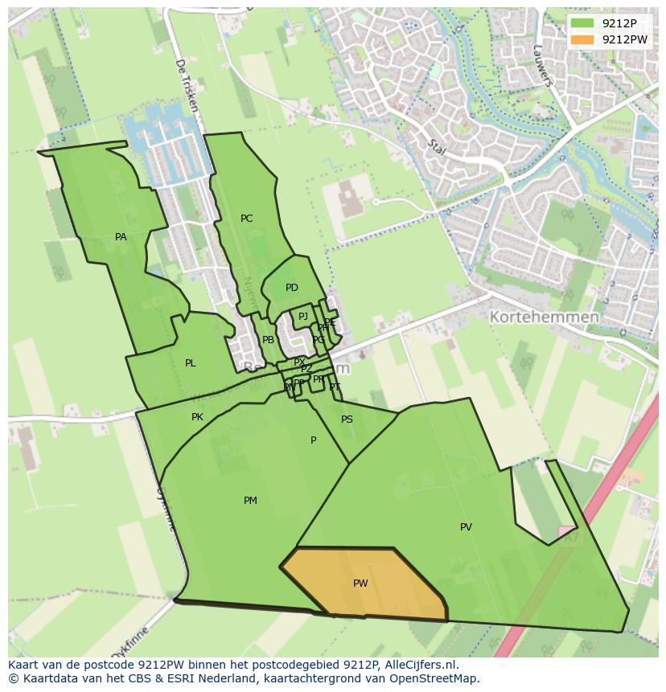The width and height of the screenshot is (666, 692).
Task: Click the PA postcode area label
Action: tap(121, 237)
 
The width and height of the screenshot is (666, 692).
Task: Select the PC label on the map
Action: tap(246, 219)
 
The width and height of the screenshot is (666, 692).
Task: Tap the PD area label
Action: tap(291, 288)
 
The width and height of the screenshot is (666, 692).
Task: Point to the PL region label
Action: tap(190, 363)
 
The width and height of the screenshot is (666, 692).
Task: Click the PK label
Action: tap(197, 417)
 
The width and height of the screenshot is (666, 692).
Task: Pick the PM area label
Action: tap(250, 501)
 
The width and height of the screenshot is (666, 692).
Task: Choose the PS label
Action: tap(347, 420)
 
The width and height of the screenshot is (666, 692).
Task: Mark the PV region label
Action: tap(466, 527)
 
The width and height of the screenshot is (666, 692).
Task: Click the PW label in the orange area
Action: tap(360, 583)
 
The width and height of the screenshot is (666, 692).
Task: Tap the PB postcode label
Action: tap(268, 340)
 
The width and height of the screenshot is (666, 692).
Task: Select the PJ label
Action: tap(303, 317)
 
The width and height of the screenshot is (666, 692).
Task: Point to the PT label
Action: tap(335, 387)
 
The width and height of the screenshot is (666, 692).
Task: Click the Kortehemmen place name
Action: tap(545, 317)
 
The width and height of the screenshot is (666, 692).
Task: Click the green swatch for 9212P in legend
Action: tap(582, 23)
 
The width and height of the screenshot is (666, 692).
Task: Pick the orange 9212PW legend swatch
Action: tap(582, 39)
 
